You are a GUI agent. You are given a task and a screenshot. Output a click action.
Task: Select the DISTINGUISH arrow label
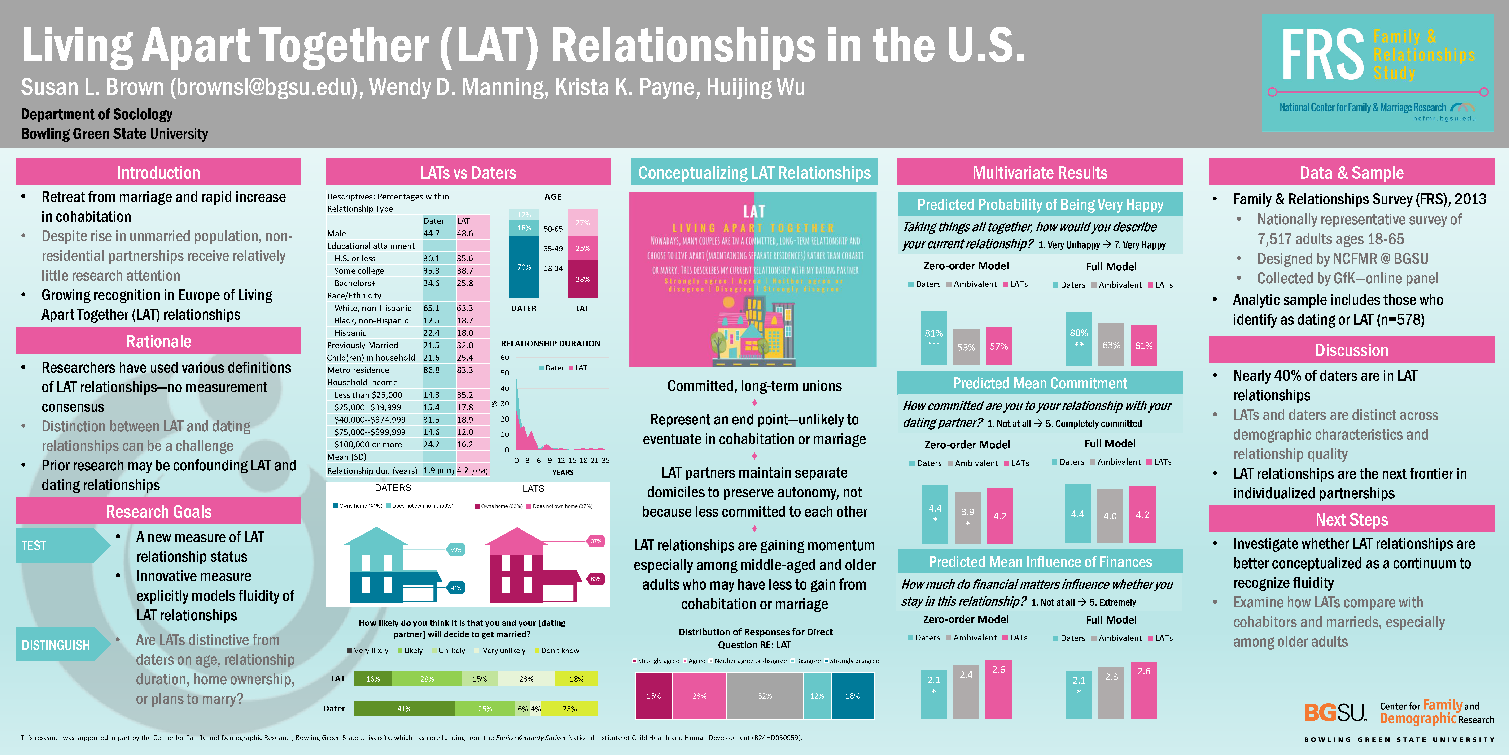tap(56, 645)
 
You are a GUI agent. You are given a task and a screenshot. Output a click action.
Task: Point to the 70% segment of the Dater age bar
tap(524, 267)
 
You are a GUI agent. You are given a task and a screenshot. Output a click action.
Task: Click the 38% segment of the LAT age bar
tap(582, 279)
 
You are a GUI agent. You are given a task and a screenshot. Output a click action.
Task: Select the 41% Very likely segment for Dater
tap(404, 709)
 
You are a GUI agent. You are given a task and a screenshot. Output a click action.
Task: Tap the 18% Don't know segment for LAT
tap(576, 679)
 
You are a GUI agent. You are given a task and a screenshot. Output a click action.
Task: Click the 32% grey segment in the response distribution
tap(765, 696)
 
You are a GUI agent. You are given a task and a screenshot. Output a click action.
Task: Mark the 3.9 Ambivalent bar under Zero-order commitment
tap(967, 517)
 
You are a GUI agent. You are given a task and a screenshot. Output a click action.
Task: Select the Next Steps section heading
tap(1351, 520)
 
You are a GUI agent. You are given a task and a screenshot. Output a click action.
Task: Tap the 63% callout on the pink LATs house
tap(596, 579)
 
